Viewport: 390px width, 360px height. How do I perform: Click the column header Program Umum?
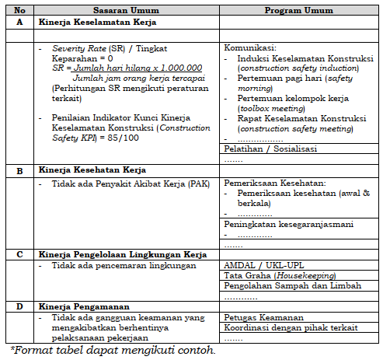tap(299, 11)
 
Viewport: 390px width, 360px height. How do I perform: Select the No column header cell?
tap(19, 11)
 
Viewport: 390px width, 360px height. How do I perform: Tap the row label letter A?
tap(19, 23)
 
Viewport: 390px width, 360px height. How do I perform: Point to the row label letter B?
tap(19, 170)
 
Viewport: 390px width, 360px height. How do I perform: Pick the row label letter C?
tap(19, 253)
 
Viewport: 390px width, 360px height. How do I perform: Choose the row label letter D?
tap(19, 306)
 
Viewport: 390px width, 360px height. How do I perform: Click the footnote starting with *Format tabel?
tap(113, 349)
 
